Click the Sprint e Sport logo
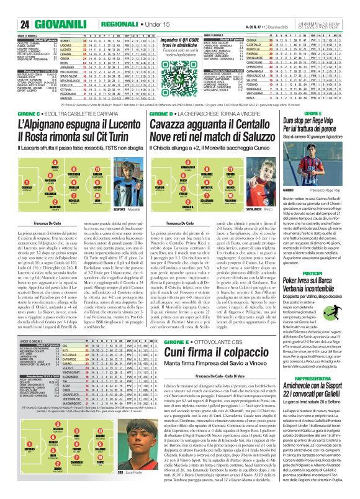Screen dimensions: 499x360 [x=336, y=7]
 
